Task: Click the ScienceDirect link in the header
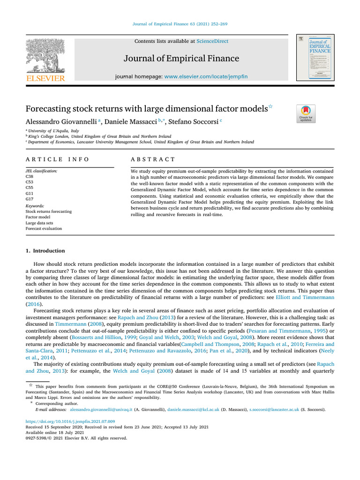pos(212,41)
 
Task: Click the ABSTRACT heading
pos(153,159)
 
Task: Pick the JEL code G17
pos(30,199)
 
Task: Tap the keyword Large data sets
pos(40,224)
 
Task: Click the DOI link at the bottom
pos(70,421)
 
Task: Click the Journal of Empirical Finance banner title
pos(181,59)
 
